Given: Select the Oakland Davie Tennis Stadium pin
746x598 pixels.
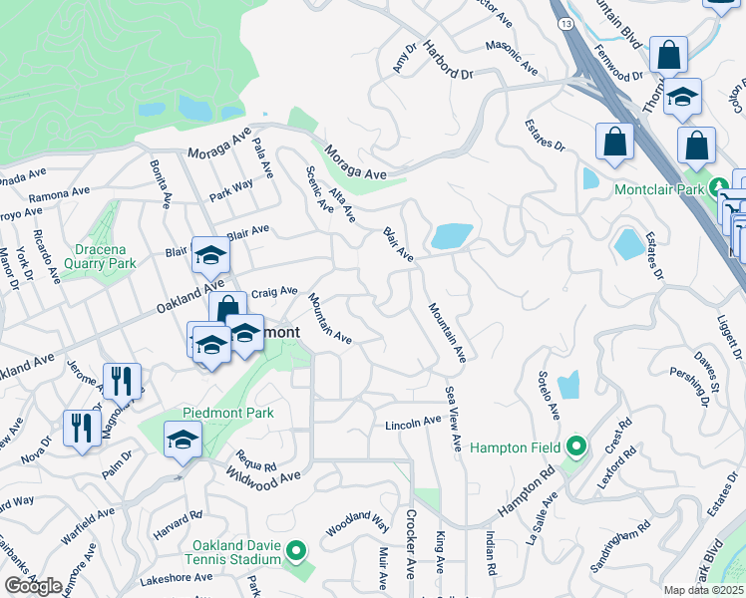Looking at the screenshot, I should point(296,550).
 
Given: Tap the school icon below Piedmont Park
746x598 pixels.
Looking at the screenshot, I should point(184,439).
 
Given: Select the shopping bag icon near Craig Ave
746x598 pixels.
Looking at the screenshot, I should point(227,308).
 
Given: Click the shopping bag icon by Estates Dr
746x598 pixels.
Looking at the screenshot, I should point(614,142).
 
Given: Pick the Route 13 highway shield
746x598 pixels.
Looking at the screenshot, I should point(565,20).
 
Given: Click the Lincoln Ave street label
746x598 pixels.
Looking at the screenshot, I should point(413,424).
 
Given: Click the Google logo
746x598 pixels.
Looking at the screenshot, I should point(33,586).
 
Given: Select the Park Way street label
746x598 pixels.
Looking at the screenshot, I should point(231,188).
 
